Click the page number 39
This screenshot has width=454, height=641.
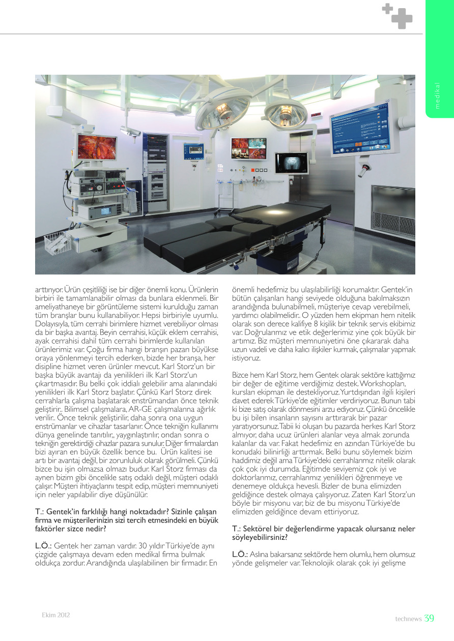pos(429,618)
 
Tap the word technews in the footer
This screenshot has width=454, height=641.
pos(408,619)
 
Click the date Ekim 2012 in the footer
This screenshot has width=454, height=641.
pos(55,615)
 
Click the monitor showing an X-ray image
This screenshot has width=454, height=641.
pos(292,163)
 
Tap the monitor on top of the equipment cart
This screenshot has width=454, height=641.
pos(97,147)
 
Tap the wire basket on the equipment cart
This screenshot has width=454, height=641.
pos(58,242)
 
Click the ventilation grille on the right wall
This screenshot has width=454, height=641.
pos(393,206)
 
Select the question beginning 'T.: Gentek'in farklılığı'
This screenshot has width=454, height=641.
pos(126,522)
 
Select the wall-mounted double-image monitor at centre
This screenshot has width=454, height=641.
pos(248,148)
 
